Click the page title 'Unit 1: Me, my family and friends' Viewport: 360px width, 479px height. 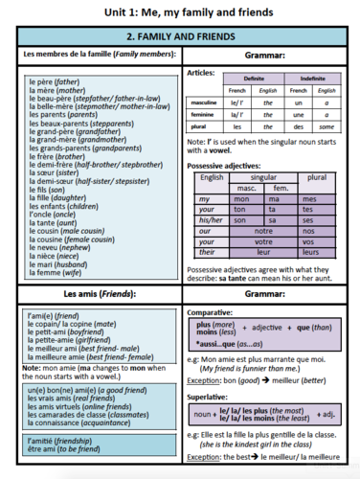tap(180, 11)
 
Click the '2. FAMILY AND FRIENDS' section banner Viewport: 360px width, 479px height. tap(180, 36)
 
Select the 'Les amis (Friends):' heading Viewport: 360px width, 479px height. tap(93, 293)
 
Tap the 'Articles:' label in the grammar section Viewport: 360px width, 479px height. tap(201, 72)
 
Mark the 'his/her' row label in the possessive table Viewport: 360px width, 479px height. tap(211, 218)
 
